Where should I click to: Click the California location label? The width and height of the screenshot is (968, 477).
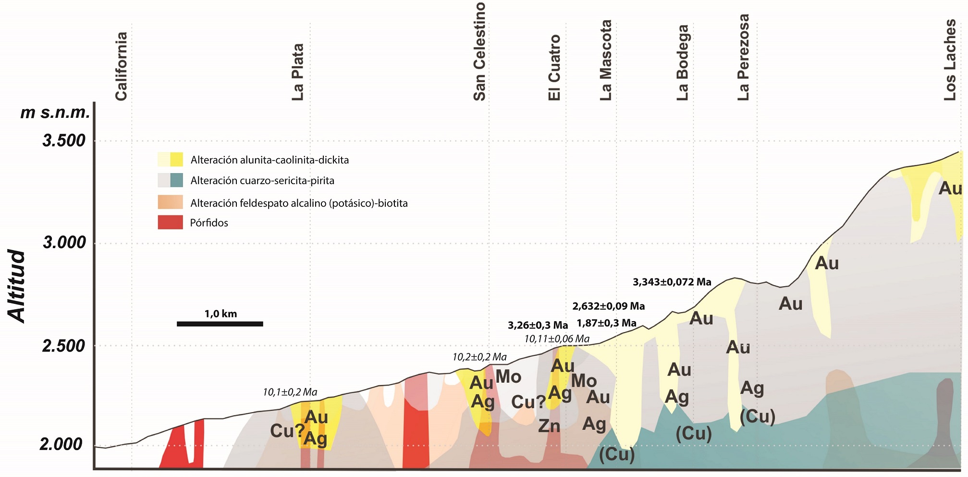pos(121,66)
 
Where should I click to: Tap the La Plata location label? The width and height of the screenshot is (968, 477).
pos(298,72)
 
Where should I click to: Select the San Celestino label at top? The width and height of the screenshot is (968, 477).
pos(479,51)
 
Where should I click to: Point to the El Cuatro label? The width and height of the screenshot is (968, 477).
pos(554,67)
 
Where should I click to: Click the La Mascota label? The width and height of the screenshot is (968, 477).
pos(606,60)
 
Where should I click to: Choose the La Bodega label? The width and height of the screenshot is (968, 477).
pos(682,63)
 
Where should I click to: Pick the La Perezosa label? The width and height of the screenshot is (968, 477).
pos(743,57)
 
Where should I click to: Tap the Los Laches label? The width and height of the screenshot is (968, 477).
pos(950,60)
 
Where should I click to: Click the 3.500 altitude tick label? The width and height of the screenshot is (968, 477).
pos(64,140)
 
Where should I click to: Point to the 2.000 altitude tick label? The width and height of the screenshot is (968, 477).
pos(61,444)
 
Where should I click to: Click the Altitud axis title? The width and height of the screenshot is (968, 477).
pos(17,286)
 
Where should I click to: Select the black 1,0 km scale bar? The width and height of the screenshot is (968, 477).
pos(220,324)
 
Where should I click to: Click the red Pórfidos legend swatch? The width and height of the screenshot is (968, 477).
pos(170,222)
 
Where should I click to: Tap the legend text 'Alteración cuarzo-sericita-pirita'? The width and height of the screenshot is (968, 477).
pos(262,181)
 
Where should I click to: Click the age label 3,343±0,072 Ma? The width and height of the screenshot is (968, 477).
pos(672,282)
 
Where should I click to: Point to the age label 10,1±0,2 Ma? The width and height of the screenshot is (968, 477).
pos(290,392)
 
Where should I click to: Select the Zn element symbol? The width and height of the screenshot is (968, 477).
pos(549,426)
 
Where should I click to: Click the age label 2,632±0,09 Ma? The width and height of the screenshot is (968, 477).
pos(608,306)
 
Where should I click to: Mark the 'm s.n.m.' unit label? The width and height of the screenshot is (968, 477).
pos(55,113)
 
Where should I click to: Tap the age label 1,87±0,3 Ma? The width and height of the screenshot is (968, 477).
pos(606,323)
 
